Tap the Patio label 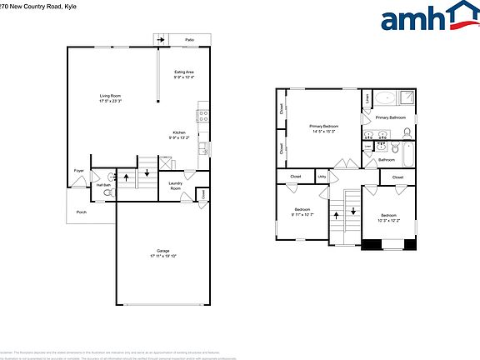pos(189,39)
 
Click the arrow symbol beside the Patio pos(159,39)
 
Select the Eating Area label pos(183,75)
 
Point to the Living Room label pos(110,98)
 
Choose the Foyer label pos(79,171)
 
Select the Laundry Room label pos(175,186)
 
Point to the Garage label pos(163,252)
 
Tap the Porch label pos(82,212)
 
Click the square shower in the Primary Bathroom pos(406,98)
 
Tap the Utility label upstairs pos(322,177)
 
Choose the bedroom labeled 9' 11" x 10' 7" pos(302,212)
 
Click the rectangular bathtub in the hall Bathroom pos(407,155)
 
